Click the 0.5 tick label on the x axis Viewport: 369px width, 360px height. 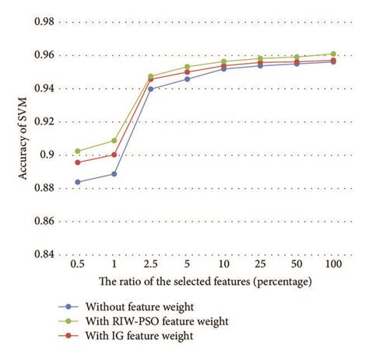click(x=77, y=265)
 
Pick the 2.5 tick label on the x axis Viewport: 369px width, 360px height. click(x=150, y=265)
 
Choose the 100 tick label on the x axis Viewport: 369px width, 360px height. click(x=332, y=265)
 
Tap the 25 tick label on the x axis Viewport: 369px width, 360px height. click(x=260, y=265)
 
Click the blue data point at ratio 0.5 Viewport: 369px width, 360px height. click(x=77, y=182)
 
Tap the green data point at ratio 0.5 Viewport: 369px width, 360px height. click(x=77, y=151)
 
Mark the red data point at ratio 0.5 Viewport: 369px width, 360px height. click(x=77, y=162)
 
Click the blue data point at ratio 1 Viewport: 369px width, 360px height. click(x=114, y=173)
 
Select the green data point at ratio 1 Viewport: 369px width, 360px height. click(x=114, y=141)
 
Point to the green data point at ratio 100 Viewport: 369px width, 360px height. click(x=333, y=54)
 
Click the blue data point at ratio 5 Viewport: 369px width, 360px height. click(x=187, y=79)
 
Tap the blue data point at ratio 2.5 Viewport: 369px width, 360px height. click(x=150, y=89)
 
